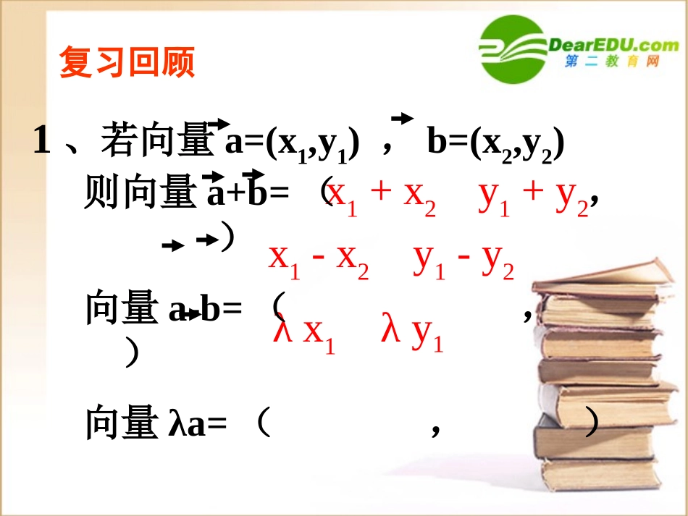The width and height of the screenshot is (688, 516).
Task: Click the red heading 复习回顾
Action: pyautogui.click(x=127, y=63)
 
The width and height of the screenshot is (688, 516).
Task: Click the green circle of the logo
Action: pyautogui.click(x=514, y=51)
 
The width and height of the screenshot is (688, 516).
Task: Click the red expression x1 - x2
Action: pyautogui.click(x=319, y=258)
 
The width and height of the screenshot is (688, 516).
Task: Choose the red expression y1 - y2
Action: pyautogui.click(x=463, y=258)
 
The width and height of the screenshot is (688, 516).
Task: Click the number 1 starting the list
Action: pyautogui.click(x=42, y=140)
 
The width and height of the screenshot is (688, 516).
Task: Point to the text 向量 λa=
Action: pyautogui.click(x=156, y=423)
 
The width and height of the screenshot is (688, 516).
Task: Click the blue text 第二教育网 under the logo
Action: pyautogui.click(x=612, y=64)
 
